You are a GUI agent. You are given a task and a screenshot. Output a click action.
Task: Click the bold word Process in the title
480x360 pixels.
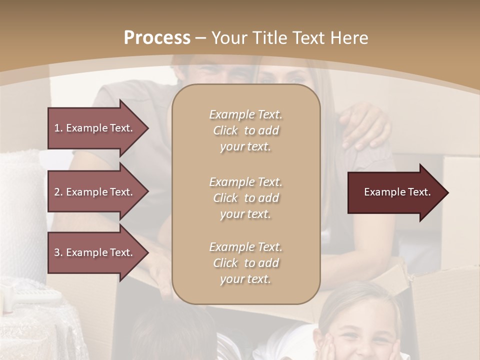pyautogui.click(x=157, y=38)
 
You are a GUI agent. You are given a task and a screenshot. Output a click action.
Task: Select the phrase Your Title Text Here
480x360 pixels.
pyautogui.click(x=290, y=38)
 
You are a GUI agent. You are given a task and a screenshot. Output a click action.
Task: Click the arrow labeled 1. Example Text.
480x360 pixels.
pyautogui.click(x=95, y=128)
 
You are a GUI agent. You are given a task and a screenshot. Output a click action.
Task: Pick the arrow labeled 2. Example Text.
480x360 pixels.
pyautogui.click(x=95, y=192)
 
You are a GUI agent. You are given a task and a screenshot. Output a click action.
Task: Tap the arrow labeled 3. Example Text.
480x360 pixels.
pyautogui.click(x=95, y=252)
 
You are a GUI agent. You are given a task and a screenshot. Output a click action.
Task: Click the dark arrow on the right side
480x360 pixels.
pyautogui.click(x=395, y=192)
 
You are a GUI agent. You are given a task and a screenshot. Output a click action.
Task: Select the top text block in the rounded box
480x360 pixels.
pyautogui.click(x=245, y=130)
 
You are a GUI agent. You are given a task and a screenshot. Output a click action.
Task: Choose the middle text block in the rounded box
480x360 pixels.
pyautogui.click(x=245, y=198)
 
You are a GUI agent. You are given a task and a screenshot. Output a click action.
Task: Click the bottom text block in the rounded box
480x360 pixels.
pyautogui.click(x=245, y=263)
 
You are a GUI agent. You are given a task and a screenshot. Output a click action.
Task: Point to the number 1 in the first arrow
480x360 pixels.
pyautogui.click(x=57, y=128)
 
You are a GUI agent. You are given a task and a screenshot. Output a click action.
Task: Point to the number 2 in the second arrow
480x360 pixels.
pyautogui.click(x=57, y=192)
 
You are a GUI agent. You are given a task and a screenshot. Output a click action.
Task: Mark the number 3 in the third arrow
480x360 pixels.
pyautogui.click(x=57, y=252)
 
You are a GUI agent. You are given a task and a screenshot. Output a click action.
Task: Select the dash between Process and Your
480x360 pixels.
pyautogui.click(x=200, y=38)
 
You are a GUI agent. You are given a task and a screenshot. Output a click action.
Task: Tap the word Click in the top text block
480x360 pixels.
pyautogui.click(x=225, y=130)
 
